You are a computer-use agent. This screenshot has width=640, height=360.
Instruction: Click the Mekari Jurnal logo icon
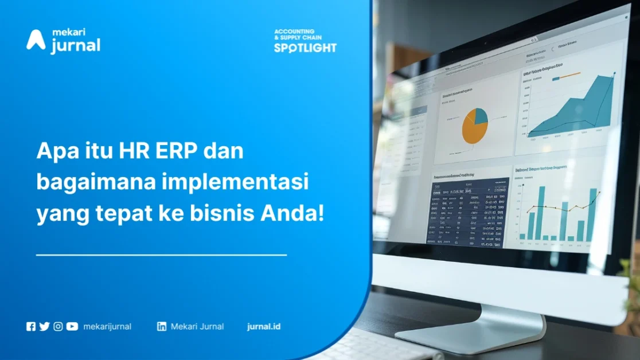36,40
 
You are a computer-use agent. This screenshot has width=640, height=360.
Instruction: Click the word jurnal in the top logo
75,46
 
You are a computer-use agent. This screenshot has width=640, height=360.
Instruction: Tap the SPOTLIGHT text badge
305,48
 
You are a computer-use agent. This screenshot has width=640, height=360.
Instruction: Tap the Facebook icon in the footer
31,327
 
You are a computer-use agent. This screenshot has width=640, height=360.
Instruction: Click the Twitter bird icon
44,327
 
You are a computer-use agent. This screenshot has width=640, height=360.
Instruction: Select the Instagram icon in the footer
58,327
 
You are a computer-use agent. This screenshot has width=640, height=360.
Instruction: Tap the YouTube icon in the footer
72,327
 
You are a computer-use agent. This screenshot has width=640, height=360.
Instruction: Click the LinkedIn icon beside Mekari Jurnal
162,327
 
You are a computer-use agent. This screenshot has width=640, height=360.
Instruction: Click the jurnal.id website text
264,327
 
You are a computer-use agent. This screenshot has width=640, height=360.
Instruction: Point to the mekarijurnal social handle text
107,327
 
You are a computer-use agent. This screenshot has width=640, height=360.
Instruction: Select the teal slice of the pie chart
481,116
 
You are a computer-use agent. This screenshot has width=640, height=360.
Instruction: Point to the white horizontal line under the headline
161,255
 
